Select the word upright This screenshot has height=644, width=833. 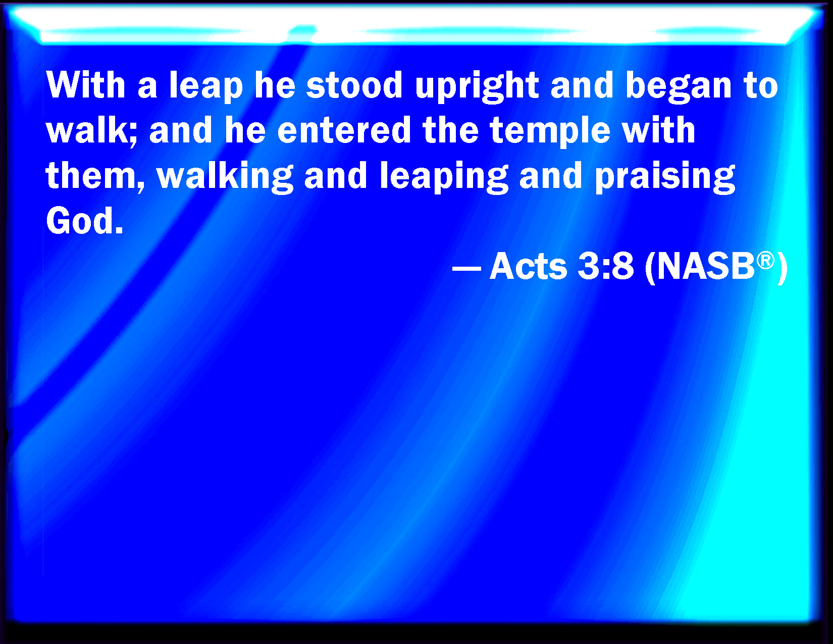[477, 87]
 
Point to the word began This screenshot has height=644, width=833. [678, 87]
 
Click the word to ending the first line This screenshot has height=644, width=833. [761, 86]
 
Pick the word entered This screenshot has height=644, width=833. [344, 130]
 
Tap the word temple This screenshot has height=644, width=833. [550, 132]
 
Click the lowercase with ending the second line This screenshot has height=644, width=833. [658, 130]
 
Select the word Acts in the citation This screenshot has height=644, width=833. [528, 266]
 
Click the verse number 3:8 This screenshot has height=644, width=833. [606, 266]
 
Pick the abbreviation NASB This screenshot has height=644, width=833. [705, 266]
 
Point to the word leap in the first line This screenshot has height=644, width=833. [206, 87]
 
